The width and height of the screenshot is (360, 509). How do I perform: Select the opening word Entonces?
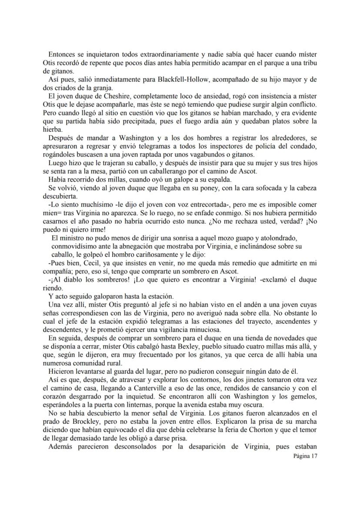[62, 54]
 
